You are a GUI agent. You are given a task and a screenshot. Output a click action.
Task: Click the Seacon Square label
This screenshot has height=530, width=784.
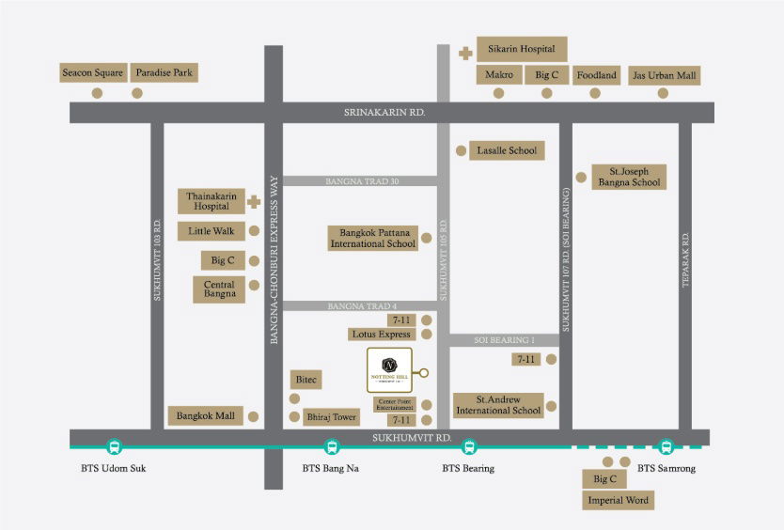click(x=92, y=72)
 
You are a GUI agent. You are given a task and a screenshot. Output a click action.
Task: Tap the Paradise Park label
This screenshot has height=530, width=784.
click(x=165, y=72)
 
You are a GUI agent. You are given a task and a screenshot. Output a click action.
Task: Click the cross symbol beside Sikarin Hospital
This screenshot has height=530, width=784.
click(x=464, y=53)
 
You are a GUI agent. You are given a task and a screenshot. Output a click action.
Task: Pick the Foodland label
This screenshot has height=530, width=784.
click(x=596, y=75)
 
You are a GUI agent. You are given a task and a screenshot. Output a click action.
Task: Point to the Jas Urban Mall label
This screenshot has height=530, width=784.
click(x=664, y=75)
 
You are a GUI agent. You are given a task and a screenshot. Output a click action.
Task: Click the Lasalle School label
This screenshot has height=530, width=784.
click(x=507, y=150)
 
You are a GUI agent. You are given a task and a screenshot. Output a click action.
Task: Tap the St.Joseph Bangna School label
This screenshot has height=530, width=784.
click(x=629, y=177)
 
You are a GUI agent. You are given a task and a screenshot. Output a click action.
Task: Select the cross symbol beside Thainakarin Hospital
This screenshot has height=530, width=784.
click(x=253, y=201)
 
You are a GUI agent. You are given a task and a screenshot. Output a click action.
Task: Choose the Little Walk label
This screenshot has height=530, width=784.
click(x=212, y=231)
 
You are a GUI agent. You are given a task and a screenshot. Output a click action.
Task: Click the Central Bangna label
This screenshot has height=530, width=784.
click(x=219, y=289)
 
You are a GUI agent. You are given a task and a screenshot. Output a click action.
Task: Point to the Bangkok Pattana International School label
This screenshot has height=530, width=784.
click(x=372, y=238)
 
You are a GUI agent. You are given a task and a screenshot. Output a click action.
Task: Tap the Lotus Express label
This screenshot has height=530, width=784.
click(x=381, y=334)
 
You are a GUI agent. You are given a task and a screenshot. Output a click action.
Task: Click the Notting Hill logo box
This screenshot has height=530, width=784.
click(x=388, y=372)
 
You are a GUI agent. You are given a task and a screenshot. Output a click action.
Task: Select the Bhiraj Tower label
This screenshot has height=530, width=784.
click(x=332, y=416)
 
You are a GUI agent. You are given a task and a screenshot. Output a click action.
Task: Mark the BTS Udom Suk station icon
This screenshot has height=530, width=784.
click(x=115, y=447)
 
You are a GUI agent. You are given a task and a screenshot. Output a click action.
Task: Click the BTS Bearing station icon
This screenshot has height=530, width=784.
click(x=469, y=447)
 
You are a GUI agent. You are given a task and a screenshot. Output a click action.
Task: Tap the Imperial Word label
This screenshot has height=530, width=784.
click(x=618, y=501)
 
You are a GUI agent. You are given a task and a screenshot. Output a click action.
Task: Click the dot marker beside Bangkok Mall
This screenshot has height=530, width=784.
click(x=254, y=415)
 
